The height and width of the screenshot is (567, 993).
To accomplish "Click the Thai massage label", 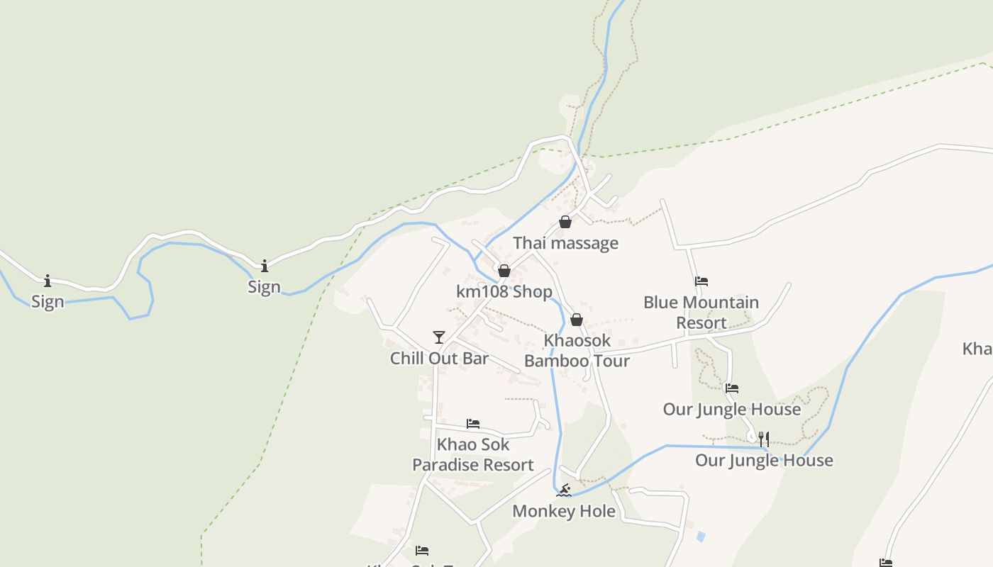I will [x=565, y=243].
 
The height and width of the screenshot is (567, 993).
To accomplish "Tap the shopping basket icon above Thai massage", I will [x=565, y=223].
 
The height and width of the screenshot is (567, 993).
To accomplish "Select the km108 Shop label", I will [x=504, y=292].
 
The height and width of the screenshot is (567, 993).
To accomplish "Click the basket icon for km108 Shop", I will [x=504, y=271].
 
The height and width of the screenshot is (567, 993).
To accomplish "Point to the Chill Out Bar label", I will [x=439, y=359].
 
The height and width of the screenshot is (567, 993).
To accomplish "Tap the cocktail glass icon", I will [x=439, y=337].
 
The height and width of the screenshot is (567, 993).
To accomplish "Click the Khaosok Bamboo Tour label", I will [x=577, y=351].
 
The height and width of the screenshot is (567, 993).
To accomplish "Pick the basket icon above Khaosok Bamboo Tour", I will [x=577, y=320].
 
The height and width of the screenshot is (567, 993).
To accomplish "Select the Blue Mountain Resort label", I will [x=701, y=313].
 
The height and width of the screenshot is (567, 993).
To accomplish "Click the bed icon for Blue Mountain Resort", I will [x=701, y=281].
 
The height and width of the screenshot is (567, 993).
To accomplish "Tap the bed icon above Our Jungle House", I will [x=732, y=388].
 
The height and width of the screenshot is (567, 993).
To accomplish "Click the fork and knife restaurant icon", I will [x=764, y=439].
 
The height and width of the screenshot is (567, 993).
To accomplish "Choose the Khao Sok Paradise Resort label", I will [x=473, y=455].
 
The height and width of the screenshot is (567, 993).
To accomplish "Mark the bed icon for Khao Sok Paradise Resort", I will [x=473, y=424].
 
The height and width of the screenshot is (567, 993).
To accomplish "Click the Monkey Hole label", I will [x=564, y=511].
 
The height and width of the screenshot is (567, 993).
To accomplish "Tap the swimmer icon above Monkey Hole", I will [x=564, y=490].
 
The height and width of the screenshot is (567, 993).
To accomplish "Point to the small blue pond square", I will [x=701, y=537].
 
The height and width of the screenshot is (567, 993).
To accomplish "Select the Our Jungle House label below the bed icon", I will [x=732, y=410].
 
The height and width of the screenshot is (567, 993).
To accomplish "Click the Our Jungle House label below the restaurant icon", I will [x=764, y=461].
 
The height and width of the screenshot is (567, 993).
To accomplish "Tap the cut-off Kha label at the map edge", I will [x=977, y=349].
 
